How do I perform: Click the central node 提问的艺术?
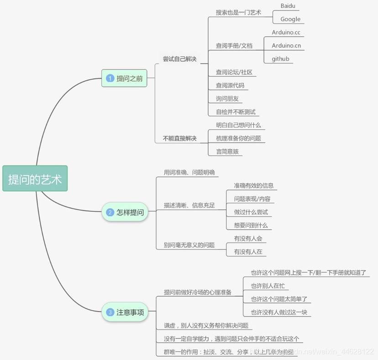(35, 178)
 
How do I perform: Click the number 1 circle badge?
(110, 78)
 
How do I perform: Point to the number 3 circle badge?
(110, 312)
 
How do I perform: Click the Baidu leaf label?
(288, 6)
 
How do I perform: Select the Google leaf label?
(290, 19)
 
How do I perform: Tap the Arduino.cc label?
(286, 32)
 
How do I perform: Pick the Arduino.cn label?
(286, 46)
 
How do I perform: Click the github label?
(280, 59)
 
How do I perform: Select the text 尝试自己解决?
(179, 59)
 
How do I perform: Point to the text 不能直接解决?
(179, 138)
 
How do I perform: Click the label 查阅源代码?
(230, 85)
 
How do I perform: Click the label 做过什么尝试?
(251, 212)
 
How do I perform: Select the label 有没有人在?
(248, 251)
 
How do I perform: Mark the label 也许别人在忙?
(268, 286)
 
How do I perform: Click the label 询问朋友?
(227, 99)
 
